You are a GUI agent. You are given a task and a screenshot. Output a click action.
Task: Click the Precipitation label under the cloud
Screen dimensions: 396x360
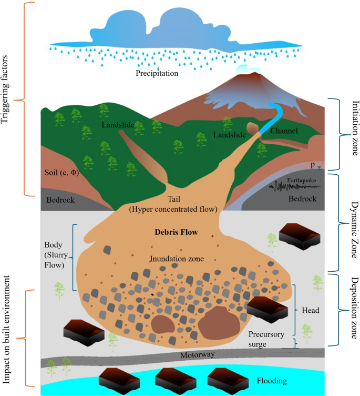[157, 74]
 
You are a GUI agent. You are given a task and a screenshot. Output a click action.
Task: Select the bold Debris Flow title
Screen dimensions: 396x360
[176, 232]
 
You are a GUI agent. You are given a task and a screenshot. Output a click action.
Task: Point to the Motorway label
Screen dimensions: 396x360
[198, 355]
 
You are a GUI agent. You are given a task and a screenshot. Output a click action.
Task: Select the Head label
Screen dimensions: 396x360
[310, 310]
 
